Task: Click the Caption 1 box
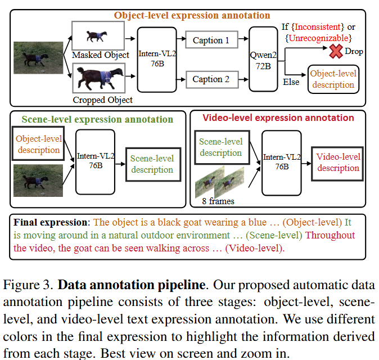[x=211, y=40]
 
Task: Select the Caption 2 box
[x=211, y=79]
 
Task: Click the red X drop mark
[x=336, y=52]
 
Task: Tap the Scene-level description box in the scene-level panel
[x=152, y=163]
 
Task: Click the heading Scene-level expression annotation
[x=97, y=119]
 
